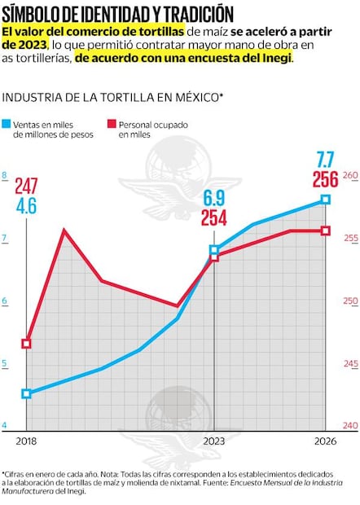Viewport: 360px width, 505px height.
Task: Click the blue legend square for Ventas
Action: tap(8, 126)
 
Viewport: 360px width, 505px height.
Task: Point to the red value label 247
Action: tap(26, 186)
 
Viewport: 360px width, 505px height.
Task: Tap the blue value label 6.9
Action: tap(214, 198)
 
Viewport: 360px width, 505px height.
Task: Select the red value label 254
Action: tap(214, 217)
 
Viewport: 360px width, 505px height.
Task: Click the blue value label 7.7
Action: tap(326, 159)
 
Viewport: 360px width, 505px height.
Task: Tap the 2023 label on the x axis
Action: tap(214, 440)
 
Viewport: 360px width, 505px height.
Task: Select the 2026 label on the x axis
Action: tap(324, 440)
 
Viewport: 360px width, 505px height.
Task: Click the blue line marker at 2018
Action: tap(26, 393)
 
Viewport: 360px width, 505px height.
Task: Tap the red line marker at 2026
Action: tap(326, 231)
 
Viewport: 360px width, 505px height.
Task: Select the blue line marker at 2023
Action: tap(214, 250)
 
